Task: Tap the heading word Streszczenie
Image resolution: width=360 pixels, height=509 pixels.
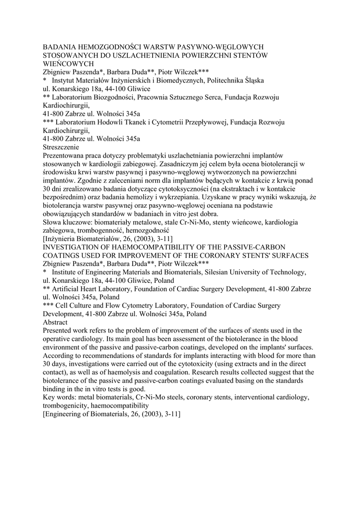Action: [64, 147]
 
